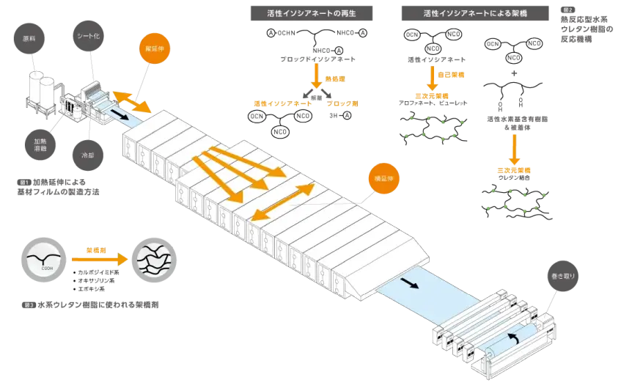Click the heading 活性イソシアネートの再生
[x=311, y=12]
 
